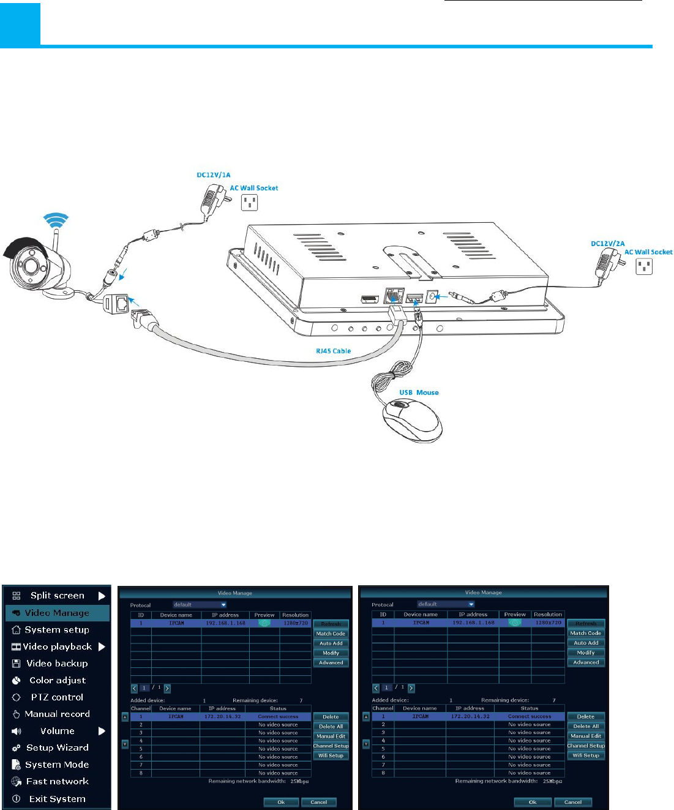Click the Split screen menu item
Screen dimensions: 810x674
click(58, 596)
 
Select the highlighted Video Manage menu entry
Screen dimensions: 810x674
click(57, 613)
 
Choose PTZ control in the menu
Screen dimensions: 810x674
click(57, 697)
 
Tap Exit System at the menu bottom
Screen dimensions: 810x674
click(57, 799)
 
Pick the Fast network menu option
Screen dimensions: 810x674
click(57, 782)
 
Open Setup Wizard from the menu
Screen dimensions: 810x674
click(57, 748)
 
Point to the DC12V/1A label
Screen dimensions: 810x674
click(214, 175)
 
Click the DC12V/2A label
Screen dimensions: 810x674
click(607, 244)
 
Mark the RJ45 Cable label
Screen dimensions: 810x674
click(333, 351)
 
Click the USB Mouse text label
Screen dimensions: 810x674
click(419, 392)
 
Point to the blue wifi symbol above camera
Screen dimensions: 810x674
click(56, 220)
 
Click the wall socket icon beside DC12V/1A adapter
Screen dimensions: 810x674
click(249, 202)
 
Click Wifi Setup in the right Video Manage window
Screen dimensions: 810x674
click(586, 756)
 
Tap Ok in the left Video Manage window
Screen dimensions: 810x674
click(281, 802)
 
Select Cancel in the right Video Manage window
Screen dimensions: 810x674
click(572, 802)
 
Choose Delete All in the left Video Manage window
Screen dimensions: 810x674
click(331, 727)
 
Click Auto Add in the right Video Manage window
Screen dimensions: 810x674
click(586, 643)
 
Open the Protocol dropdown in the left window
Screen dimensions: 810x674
click(200, 605)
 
